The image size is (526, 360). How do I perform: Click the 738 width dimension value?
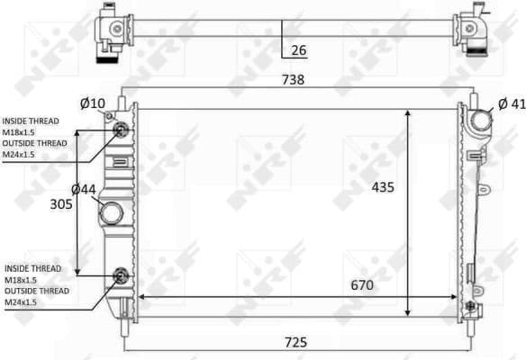293,80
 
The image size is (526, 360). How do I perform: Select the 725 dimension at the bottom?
296,341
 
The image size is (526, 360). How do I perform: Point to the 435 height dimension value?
385,188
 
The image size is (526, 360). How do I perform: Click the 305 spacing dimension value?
60,203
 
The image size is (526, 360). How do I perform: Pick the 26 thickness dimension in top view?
299,50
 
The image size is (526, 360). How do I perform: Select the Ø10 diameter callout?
92,103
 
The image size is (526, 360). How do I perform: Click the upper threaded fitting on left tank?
119,132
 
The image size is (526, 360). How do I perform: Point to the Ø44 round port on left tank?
113,214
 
